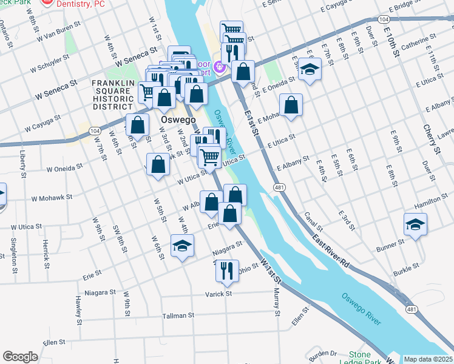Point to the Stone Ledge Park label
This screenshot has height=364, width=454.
click(x=368, y=358)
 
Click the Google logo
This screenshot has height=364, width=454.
click(x=20, y=357)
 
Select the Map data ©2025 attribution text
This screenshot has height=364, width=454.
click(x=429, y=359)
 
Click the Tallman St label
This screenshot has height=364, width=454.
click(x=178, y=315)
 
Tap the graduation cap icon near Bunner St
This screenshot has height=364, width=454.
click(x=415, y=224)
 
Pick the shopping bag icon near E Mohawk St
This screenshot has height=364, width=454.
click(x=291, y=104)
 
